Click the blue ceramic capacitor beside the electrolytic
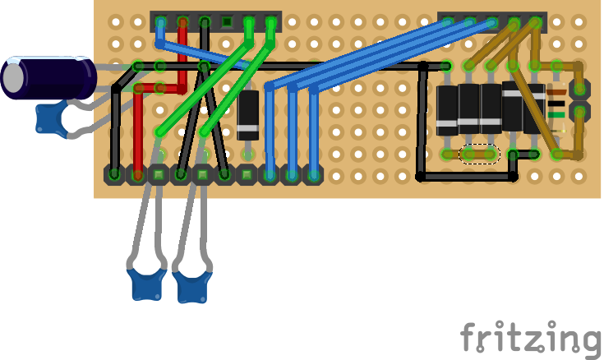[51, 118]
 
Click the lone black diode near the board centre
[248, 114]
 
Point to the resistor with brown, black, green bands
[556, 109]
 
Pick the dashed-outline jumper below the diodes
[480, 154]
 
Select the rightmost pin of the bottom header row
[313, 174]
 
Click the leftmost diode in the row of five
[447, 109]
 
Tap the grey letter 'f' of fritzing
[469, 337]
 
